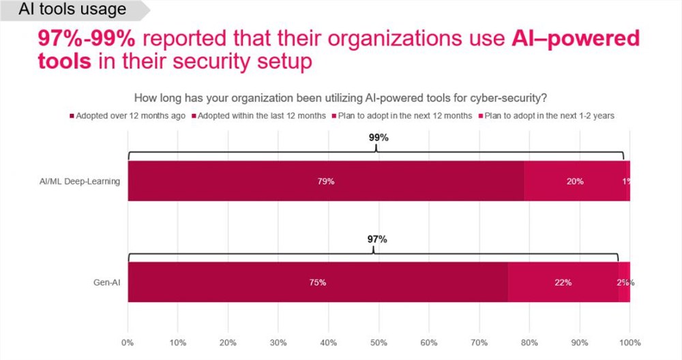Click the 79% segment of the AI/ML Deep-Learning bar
[x=326, y=181]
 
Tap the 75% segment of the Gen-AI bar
[x=318, y=282]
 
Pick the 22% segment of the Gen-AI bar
[x=563, y=282]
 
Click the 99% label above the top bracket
[x=379, y=137]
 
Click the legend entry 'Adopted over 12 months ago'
[x=130, y=115]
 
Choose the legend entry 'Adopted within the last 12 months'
[x=260, y=115]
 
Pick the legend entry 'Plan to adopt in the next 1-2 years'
[x=549, y=115]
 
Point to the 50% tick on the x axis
[x=379, y=340]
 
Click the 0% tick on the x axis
[x=128, y=340]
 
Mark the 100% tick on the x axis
[x=629, y=340]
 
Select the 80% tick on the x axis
[x=529, y=340]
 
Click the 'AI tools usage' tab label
[x=73, y=9]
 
